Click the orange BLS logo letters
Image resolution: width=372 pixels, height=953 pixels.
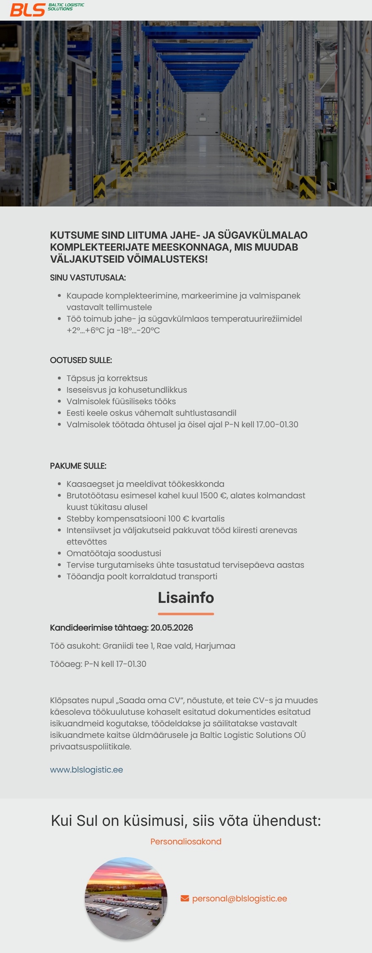(27, 10)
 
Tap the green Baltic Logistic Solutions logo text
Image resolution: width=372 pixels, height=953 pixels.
(66, 7)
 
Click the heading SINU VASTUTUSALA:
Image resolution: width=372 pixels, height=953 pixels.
(88, 278)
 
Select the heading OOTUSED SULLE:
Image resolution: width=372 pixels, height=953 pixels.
(81, 360)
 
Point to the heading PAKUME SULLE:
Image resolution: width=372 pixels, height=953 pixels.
(78, 466)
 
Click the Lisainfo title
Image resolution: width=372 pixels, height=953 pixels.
(186, 597)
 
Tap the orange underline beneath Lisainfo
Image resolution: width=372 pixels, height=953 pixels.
(186, 614)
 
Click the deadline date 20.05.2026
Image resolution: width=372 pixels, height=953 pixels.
(172, 627)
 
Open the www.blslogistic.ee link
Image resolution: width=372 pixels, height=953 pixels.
(87, 769)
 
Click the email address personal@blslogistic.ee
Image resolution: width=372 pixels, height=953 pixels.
(239, 898)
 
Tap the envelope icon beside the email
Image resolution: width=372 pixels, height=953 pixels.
(185, 898)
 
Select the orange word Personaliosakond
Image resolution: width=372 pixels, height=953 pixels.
(186, 841)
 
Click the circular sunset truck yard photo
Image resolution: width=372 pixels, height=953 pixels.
(126, 898)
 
